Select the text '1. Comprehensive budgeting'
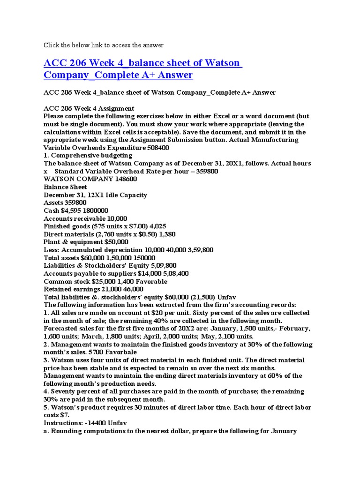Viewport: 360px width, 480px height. pyautogui.click(x=88, y=156)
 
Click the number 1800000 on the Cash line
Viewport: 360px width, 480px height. pyautogui.click(x=100, y=210)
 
